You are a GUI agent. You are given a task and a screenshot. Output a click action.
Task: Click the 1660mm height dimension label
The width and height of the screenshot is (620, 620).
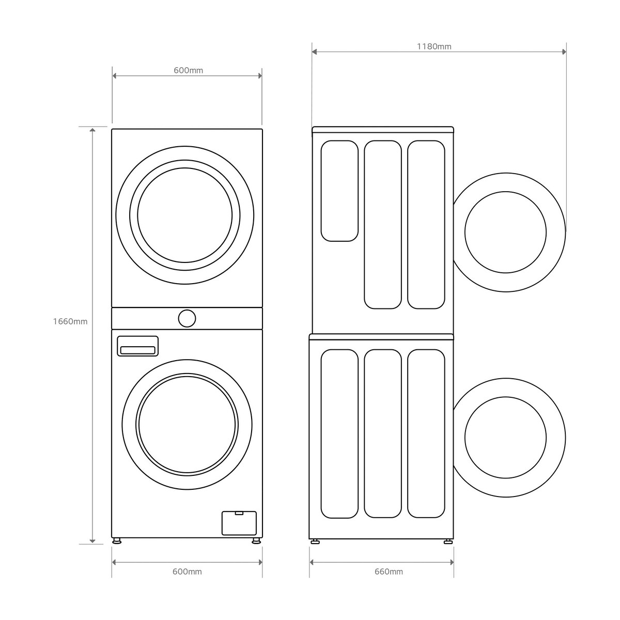[x=70, y=321]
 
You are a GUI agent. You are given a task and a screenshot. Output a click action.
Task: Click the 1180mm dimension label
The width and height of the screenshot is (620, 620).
[x=434, y=47]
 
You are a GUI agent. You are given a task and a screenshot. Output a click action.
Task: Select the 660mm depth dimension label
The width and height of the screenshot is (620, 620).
[x=389, y=571]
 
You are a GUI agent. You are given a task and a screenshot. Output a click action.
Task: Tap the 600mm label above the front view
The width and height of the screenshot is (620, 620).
[x=188, y=70]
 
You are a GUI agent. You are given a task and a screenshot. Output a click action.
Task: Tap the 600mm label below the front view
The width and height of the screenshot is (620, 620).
[x=187, y=571]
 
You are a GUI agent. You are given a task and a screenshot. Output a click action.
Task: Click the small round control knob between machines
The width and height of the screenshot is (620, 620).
[x=187, y=318]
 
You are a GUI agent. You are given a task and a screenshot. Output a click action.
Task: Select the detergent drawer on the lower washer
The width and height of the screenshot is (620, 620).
[x=137, y=346]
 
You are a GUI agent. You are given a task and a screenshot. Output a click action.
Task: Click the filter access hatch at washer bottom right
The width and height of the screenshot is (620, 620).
[x=239, y=523]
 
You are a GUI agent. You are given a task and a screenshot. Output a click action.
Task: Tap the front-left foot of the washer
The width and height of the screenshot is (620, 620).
[x=117, y=541]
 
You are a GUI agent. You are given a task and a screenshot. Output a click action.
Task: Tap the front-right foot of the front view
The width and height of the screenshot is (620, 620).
[x=256, y=541]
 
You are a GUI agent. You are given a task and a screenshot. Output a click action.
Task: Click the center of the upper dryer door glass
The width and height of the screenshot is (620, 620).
[x=185, y=215]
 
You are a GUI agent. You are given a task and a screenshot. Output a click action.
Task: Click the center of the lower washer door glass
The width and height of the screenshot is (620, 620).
[x=187, y=424]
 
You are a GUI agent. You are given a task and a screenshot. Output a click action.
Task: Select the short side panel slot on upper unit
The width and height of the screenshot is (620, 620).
[x=339, y=191]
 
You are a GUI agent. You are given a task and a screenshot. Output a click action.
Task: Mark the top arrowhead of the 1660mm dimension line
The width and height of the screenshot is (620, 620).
[x=92, y=130]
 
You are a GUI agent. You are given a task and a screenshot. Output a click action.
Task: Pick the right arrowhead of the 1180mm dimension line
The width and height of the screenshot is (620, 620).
[x=563, y=52]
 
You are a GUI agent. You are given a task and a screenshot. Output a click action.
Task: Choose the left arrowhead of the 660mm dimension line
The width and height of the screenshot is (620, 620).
[x=313, y=562]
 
